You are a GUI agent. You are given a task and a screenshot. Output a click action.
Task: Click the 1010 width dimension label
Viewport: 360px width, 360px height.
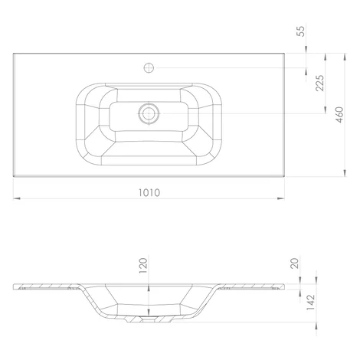tap(149, 192)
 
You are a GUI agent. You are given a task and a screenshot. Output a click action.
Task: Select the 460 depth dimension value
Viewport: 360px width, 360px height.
tap(339, 115)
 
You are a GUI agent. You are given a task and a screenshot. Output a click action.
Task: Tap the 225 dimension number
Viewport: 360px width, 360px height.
tap(319, 83)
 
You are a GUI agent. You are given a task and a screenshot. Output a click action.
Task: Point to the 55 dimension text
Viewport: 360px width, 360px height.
tap(301, 31)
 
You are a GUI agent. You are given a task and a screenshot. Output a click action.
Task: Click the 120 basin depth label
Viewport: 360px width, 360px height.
tap(143, 266)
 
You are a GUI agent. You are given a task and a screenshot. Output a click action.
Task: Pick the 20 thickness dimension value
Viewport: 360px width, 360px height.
tap(294, 263)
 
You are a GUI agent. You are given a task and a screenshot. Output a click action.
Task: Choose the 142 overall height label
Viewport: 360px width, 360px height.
tap(310, 303)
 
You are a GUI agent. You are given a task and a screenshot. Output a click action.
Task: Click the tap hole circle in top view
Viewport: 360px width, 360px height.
tap(149, 67)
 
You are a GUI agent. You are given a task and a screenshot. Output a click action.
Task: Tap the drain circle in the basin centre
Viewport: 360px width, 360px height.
tap(149, 113)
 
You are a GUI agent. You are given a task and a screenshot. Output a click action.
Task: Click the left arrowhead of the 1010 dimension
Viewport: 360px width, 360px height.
tap(17, 198)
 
